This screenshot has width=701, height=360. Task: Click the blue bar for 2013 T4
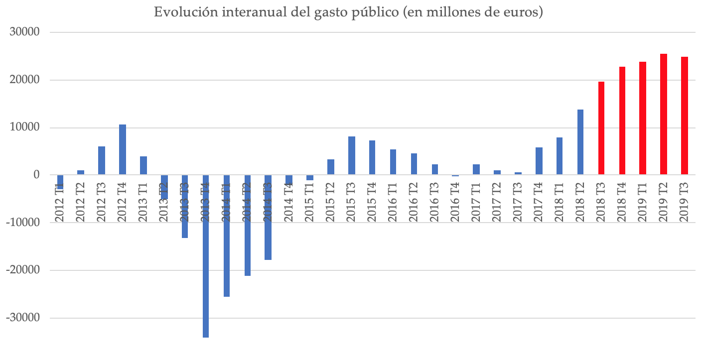[206, 256]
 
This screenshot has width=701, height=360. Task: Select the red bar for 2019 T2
[664, 114]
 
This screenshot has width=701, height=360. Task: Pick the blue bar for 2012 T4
[123, 149]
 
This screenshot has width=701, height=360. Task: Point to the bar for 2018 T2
[580, 142]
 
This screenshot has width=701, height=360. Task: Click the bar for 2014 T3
[268, 217]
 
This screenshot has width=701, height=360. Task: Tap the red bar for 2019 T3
[685, 116]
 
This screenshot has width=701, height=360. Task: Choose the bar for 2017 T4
[539, 161]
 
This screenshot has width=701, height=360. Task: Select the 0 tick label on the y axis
[36, 175]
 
